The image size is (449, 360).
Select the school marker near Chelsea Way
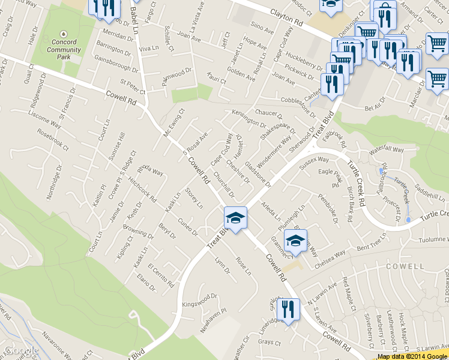click(x=295, y=241)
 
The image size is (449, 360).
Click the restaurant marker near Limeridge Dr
click(x=291, y=310)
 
